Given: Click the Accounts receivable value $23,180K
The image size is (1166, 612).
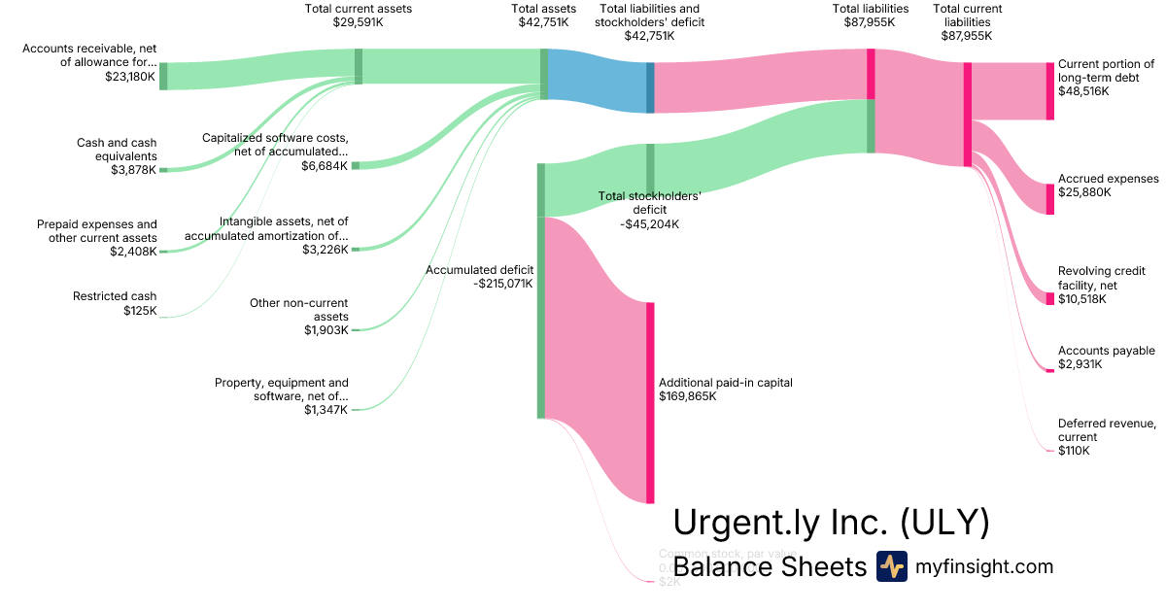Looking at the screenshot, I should click(129, 76).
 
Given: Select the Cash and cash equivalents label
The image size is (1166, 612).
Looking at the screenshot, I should click(117, 150).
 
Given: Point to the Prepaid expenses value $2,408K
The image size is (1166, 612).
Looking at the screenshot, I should click(133, 252).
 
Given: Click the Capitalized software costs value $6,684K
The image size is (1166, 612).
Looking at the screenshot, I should click(325, 166).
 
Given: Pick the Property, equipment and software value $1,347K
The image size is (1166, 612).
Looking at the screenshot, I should click(326, 410).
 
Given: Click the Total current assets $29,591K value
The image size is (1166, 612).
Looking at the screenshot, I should click(358, 22).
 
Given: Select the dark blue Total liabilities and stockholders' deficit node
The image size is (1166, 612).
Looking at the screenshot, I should click(650, 87).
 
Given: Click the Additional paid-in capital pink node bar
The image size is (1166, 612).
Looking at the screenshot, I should click(650, 402).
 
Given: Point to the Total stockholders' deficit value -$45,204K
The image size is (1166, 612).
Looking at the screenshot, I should click(649, 224).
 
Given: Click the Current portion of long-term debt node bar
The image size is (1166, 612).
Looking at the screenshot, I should click(1049, 91).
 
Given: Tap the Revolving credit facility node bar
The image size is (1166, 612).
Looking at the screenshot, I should click(1049, 298).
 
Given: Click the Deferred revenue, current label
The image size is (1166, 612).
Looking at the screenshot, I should click(1107, 430).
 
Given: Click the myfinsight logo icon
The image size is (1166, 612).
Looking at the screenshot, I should click(891, 566).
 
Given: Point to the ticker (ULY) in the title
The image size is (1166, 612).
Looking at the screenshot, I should click(944, 523).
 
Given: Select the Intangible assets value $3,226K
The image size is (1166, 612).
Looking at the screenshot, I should click(325, 250).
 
